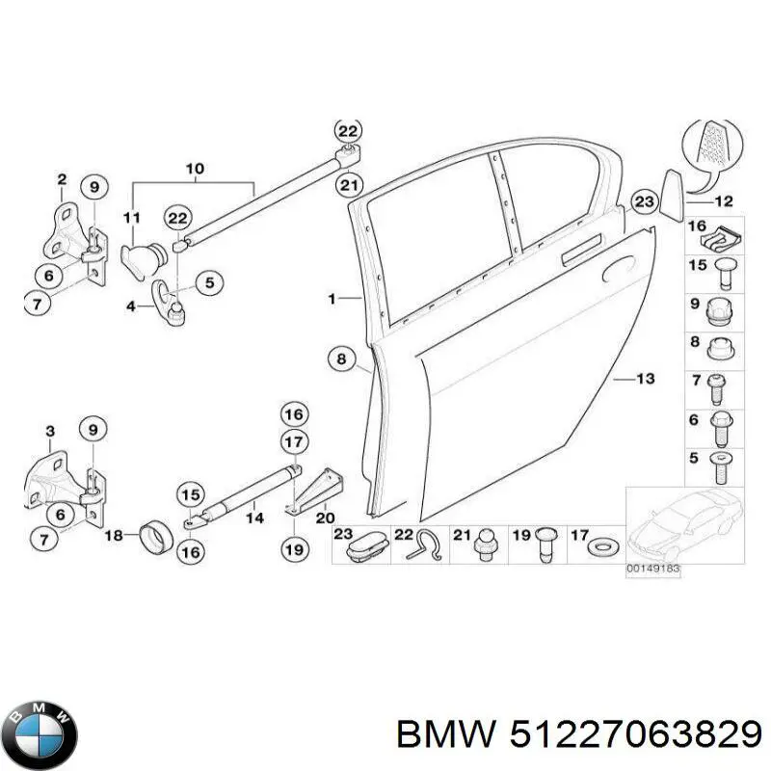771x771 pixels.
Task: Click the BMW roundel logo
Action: coord(43,734)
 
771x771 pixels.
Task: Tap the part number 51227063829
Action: coord(636,736)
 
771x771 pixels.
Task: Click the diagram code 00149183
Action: coord(653,569)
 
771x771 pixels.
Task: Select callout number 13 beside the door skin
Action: coord(645,379)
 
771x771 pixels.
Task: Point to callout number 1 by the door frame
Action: coord(332,298)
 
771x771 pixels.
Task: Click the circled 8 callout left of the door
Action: coord(342,359)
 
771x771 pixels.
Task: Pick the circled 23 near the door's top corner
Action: coord(644,201)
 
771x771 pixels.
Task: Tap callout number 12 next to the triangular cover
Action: coord(724,201)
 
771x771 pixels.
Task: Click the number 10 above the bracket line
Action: coord(195,169)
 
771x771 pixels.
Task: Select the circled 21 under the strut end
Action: coord(349,185)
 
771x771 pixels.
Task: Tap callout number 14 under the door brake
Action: coord(255,518)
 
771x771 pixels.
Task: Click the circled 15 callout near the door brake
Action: coord(191,494)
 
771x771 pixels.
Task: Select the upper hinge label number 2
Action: coord(62,179)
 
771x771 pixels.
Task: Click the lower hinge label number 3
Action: coord(50,432)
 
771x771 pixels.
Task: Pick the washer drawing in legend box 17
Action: coord(604,546)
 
